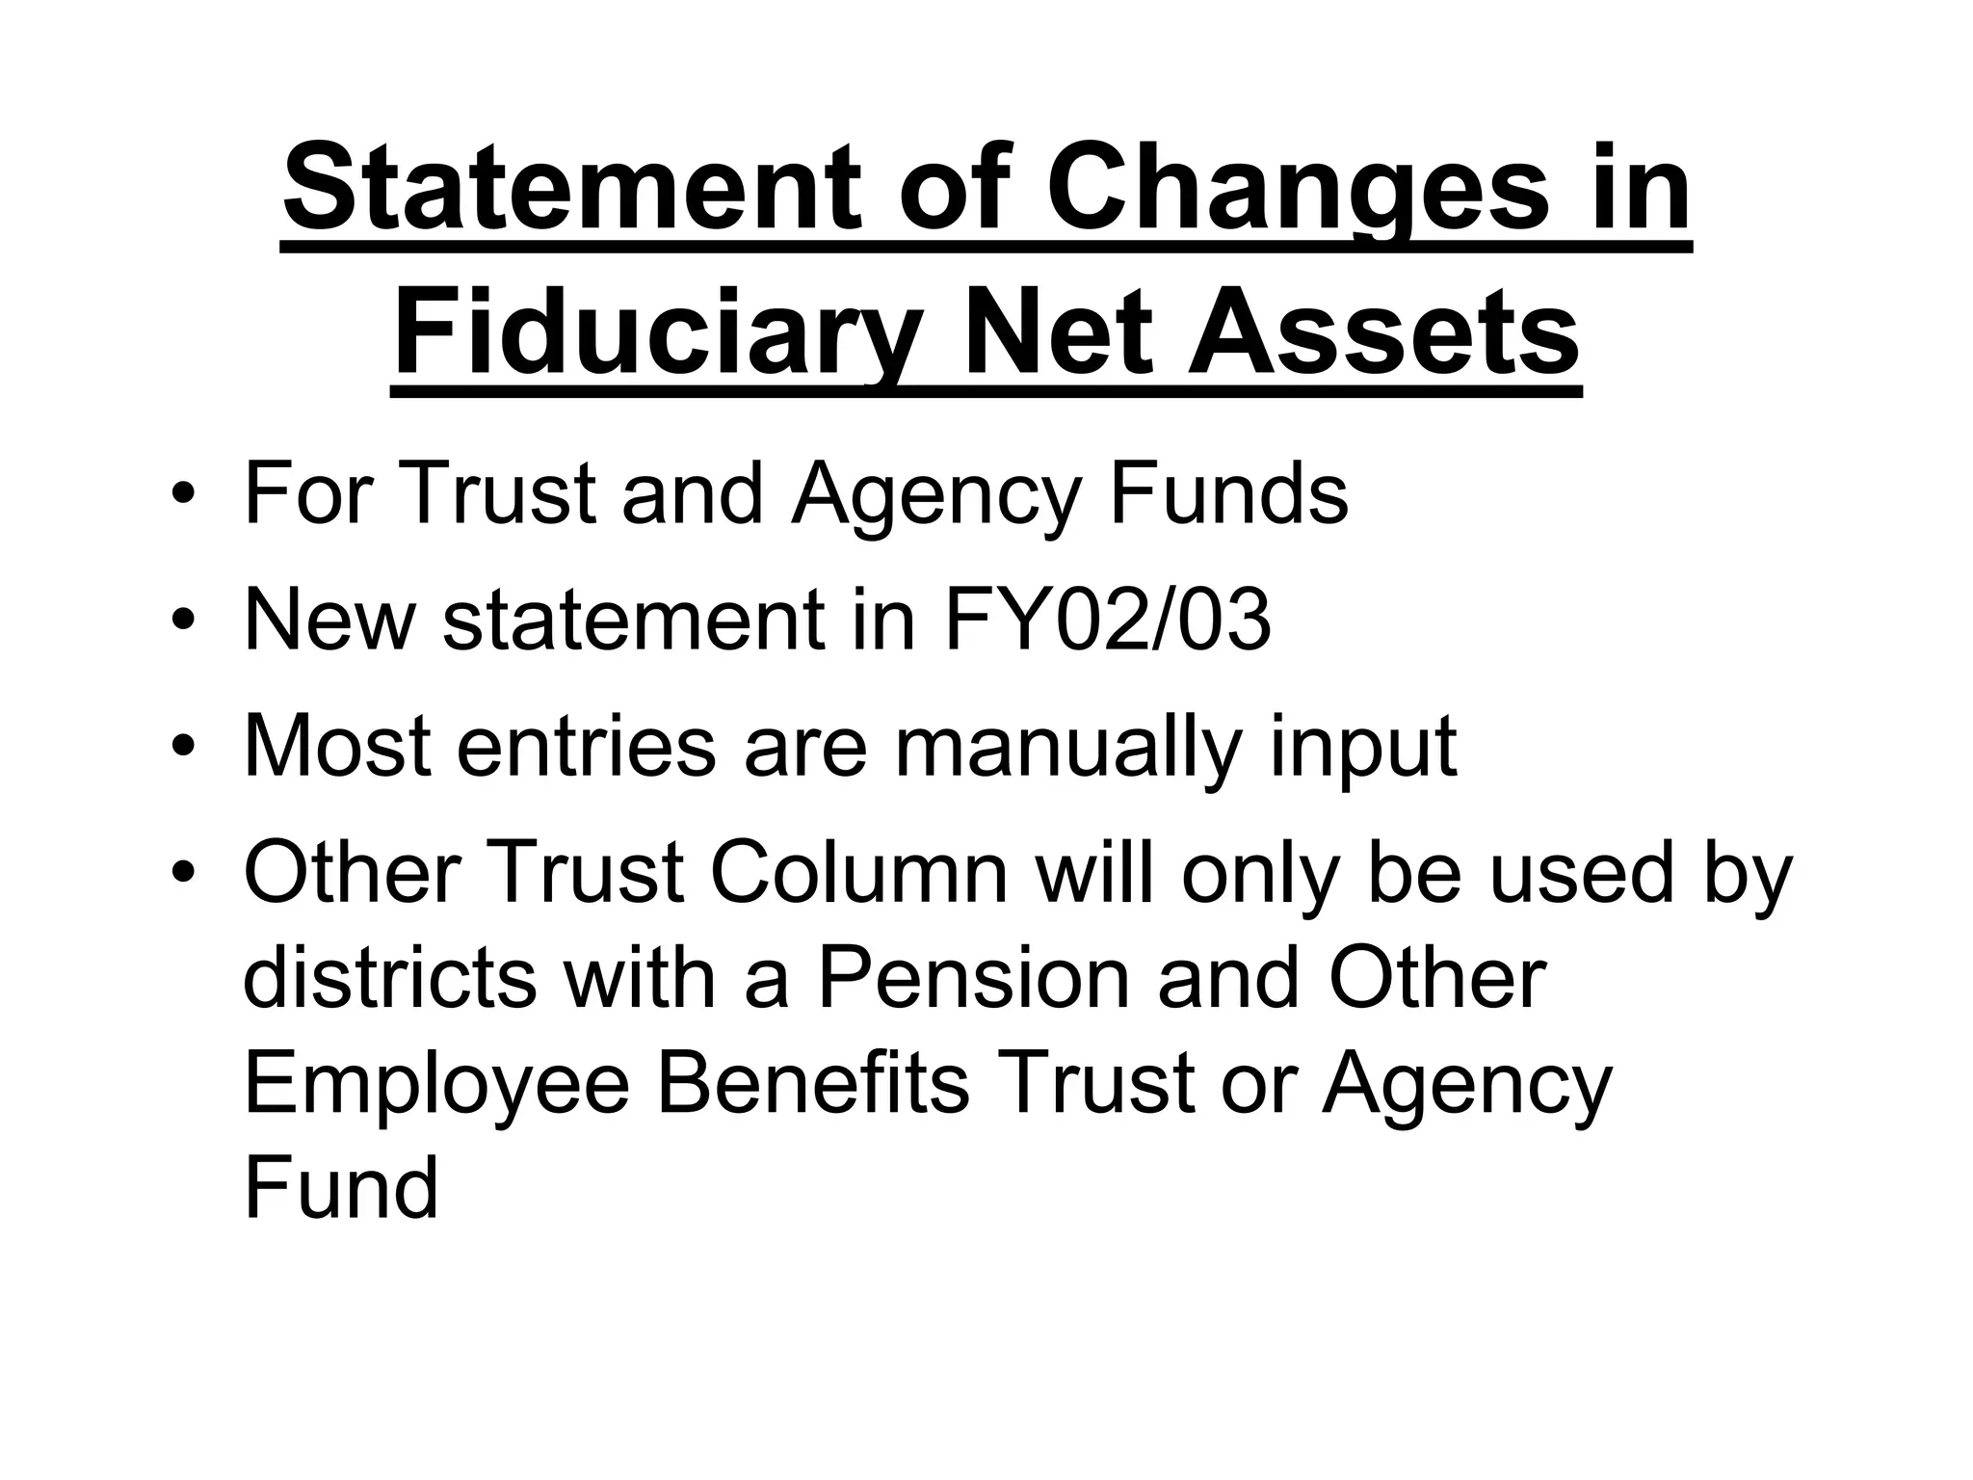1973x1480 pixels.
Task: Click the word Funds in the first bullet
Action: tap(1228, 493)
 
